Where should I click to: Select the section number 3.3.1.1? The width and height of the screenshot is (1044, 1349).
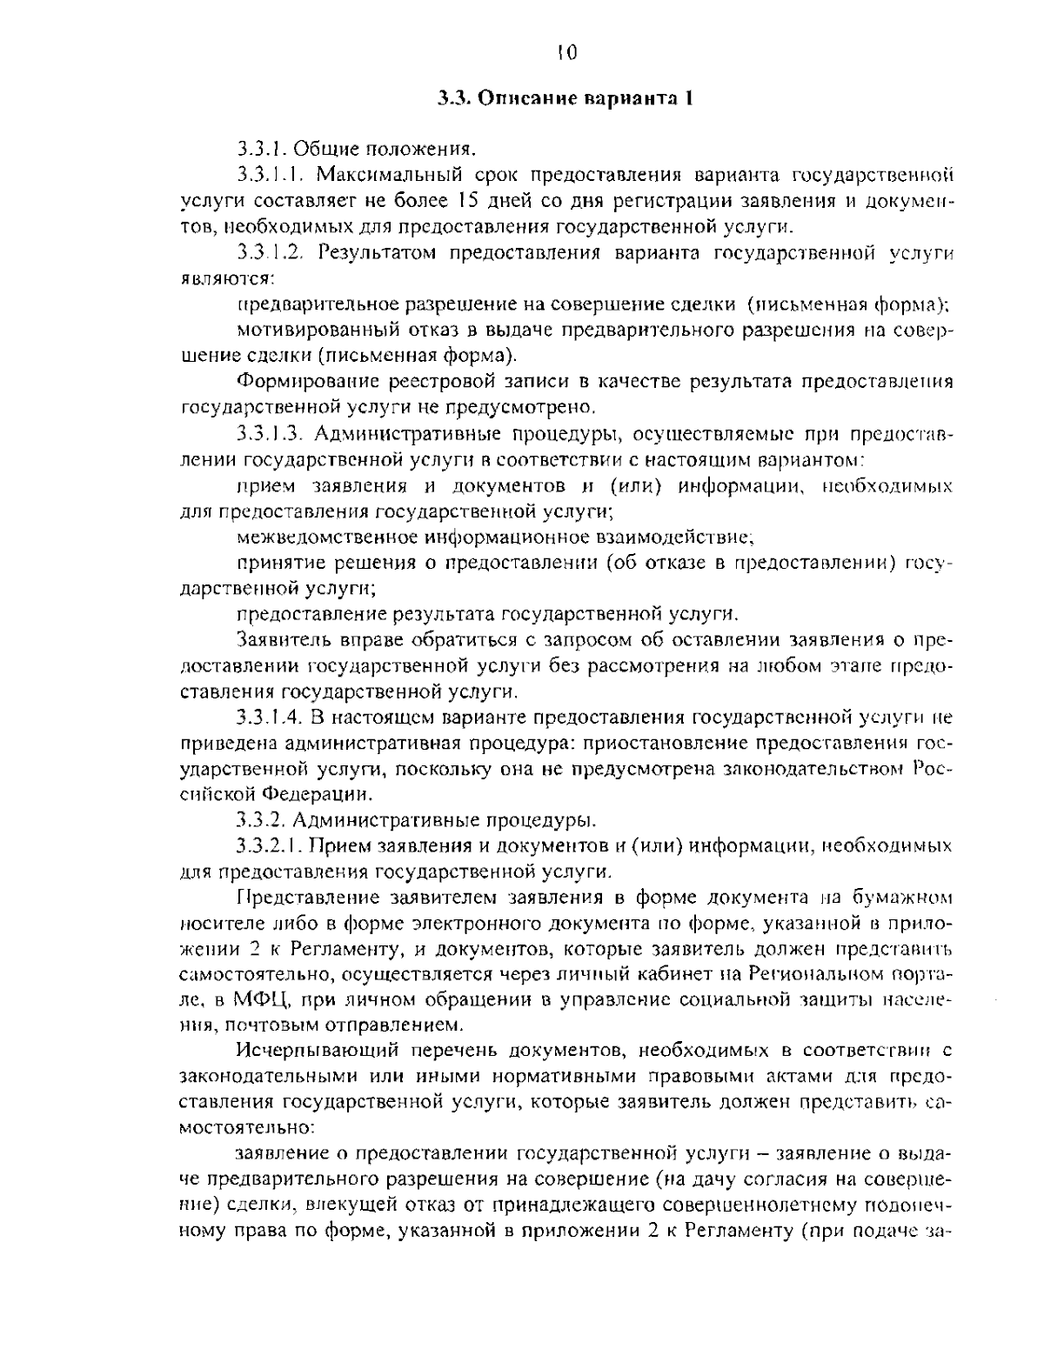pyautogui.click(x=268, y=177)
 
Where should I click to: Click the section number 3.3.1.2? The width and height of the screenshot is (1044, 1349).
pyautogui.click(x=268, y=254)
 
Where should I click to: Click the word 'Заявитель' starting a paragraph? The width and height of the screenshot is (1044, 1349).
pyautogui.click(x=278, y=641)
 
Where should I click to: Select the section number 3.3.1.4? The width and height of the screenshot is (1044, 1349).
pyautogui.click(x=268, y=718)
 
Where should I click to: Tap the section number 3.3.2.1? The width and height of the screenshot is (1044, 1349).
pyautogui.click(x=268, y=845)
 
